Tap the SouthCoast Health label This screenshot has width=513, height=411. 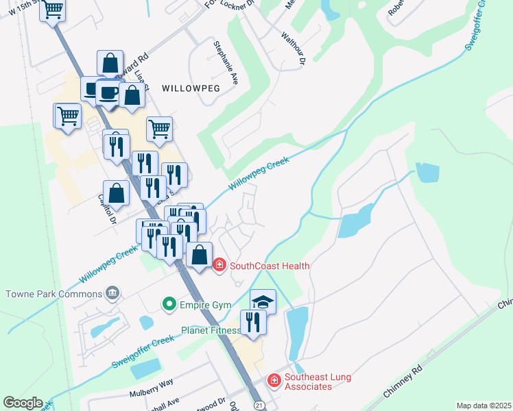click(x=270, y=266)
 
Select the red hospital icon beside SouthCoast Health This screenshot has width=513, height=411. click(x=219, y=264)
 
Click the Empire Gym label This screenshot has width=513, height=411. click(x=198, y=303)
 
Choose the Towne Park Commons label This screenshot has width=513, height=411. click(x=53, y=294)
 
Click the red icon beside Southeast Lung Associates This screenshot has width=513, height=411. click(x=274, y=379)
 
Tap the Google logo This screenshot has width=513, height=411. click(x=23, y=403)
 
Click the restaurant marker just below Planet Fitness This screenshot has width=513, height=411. click(x=253, y=323)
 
